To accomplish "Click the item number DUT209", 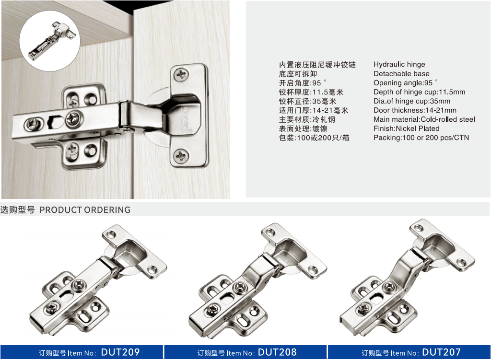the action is (120, 352).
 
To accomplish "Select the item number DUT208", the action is (277, 352).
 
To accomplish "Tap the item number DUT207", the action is (441, 352).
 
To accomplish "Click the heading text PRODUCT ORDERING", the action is (85, 210).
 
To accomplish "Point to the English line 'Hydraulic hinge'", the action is (399, 65).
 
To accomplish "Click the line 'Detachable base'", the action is (401, 73).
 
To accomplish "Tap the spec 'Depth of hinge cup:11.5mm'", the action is (419, 92).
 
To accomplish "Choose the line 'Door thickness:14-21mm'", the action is (415, 110).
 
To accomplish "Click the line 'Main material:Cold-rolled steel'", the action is (424, 119).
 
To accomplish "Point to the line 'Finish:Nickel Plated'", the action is (407, 128).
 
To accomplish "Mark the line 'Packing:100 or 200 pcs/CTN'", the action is (421, 138).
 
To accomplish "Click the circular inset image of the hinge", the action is (50, 41).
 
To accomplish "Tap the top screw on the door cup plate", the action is (181, 74).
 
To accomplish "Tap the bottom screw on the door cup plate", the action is (181, 156).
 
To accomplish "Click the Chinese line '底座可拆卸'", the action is (298, 74).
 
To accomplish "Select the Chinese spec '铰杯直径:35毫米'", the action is (307, 102).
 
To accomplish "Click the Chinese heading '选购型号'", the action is (18, 210).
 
